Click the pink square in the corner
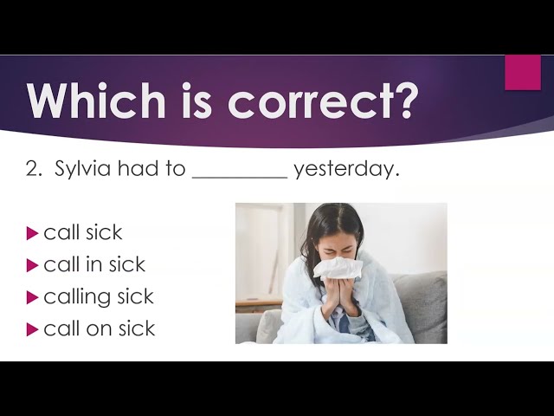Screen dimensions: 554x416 523,72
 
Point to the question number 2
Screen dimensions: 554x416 34,169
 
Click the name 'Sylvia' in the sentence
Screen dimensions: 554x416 83,170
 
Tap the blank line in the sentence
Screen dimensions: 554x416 240,178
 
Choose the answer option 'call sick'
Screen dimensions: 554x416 83,233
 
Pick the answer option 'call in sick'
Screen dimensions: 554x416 94,264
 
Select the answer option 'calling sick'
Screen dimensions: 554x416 99,296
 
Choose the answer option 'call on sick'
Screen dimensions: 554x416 100,328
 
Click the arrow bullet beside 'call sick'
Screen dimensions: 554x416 32,234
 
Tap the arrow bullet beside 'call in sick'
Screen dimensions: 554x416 32,266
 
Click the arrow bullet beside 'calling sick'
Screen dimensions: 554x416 32,297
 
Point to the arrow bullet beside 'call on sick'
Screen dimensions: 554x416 32,329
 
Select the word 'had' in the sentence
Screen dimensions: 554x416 136,168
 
